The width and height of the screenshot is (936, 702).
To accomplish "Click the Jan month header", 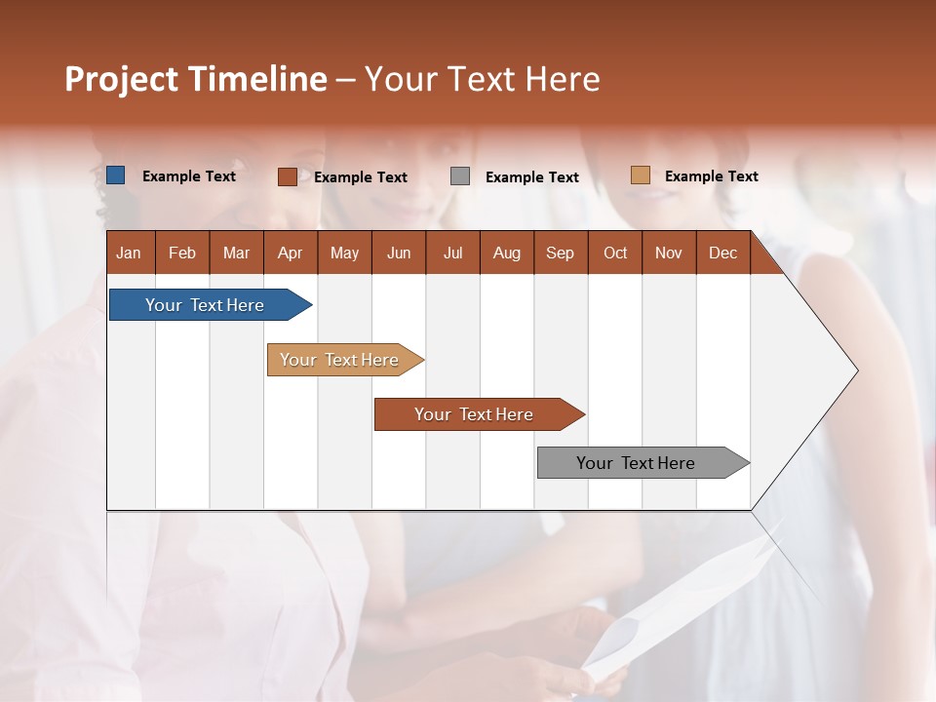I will [129, 253].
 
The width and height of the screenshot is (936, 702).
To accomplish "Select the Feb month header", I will [182, 253].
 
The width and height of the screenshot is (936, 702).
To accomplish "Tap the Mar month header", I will [236, 253].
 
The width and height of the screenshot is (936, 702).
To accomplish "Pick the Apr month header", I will [291, 253].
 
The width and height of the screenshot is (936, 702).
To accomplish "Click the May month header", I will [344, 253].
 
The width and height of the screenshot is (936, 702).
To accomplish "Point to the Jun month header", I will [399, 253].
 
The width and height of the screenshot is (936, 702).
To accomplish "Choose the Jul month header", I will [452, 253].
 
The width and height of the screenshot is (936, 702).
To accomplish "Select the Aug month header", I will [507, 253].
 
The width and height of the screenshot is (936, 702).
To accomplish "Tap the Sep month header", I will [561, 253].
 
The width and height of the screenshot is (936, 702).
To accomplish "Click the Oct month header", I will [615, 253].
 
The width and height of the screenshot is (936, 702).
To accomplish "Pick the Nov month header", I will [669, 253].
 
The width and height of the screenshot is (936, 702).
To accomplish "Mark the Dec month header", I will [723, 253].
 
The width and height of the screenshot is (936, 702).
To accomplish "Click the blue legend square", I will [116, 175].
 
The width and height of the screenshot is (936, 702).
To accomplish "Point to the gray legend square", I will [460, 176].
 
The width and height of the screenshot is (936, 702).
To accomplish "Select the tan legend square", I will [640, 175].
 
